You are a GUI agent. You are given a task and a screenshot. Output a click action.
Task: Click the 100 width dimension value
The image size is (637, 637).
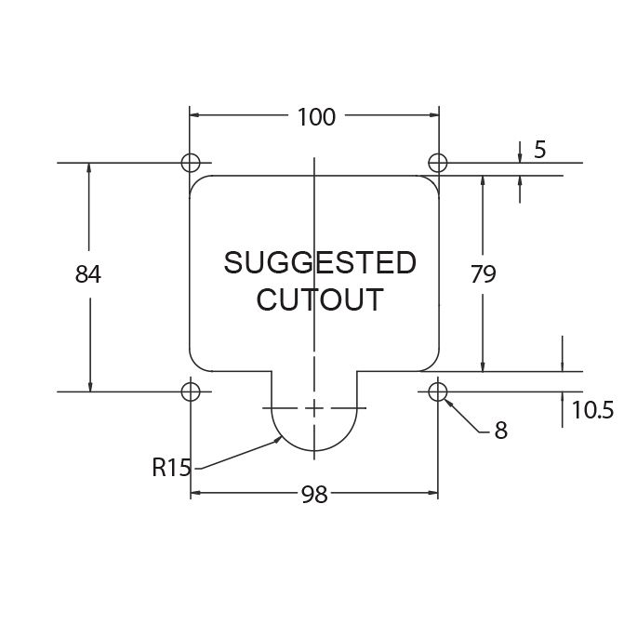tap(316, 116)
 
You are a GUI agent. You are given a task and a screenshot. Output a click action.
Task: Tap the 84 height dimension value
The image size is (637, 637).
tap(88, 275)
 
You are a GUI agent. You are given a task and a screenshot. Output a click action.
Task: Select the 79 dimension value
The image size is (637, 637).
tap(484, 275)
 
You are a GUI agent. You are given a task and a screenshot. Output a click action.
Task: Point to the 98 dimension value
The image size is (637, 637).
tap(314, 495)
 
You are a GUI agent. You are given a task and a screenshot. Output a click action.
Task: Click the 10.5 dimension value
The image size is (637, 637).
tap(591, 410)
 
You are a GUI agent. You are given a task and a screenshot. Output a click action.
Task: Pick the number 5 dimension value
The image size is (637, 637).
tap(539, 150)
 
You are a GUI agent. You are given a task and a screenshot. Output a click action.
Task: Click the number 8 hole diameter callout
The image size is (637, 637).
tap(500, 431)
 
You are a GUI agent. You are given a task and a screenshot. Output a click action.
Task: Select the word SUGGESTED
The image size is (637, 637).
tap(319, 263)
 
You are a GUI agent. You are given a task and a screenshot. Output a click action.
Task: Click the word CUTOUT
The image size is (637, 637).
tap(319, 300)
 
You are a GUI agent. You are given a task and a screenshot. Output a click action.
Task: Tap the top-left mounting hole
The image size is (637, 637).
tap(191, 163)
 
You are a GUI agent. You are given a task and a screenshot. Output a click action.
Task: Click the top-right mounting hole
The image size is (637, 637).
tap(438, 163)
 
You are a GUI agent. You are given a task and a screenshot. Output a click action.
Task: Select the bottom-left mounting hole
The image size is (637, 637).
tap(191, 391)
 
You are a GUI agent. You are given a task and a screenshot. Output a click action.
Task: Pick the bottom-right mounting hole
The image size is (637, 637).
tap(438, 391)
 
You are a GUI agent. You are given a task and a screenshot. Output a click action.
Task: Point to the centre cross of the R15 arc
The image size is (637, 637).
tap(315, 408)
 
